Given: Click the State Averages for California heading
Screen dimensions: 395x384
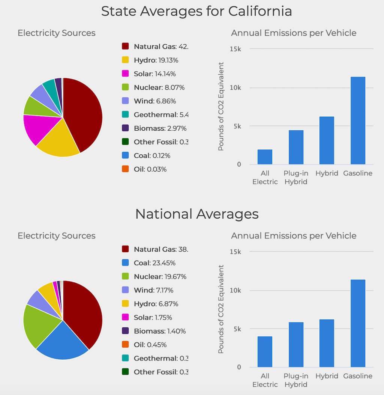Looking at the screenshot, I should [x=196, y=11].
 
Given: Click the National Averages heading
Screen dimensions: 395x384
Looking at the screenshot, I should [x=196, y=214].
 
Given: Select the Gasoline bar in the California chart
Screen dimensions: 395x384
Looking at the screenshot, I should [x=358, y=120].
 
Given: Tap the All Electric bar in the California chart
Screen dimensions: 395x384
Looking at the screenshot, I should [x=265, y=157].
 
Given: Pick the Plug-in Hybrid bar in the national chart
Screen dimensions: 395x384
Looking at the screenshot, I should [x=296, y=344].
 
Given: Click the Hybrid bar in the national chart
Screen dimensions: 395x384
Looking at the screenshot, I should [x=327, y=343].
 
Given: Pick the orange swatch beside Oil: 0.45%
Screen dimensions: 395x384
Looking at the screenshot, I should [x=126, y=345].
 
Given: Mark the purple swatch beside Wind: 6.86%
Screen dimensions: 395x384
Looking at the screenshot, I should [x=126, y=101].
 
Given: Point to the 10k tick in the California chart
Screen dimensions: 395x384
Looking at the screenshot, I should [x=235, y=88].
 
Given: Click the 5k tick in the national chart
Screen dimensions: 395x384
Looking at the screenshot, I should [x=237, y=329].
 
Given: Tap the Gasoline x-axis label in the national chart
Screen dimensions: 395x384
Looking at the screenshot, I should [x=358, y=376].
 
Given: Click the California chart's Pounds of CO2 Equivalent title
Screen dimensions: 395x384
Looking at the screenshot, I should [x=221, y=107].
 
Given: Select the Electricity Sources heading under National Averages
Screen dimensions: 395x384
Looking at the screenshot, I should [x=57, y=236].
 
